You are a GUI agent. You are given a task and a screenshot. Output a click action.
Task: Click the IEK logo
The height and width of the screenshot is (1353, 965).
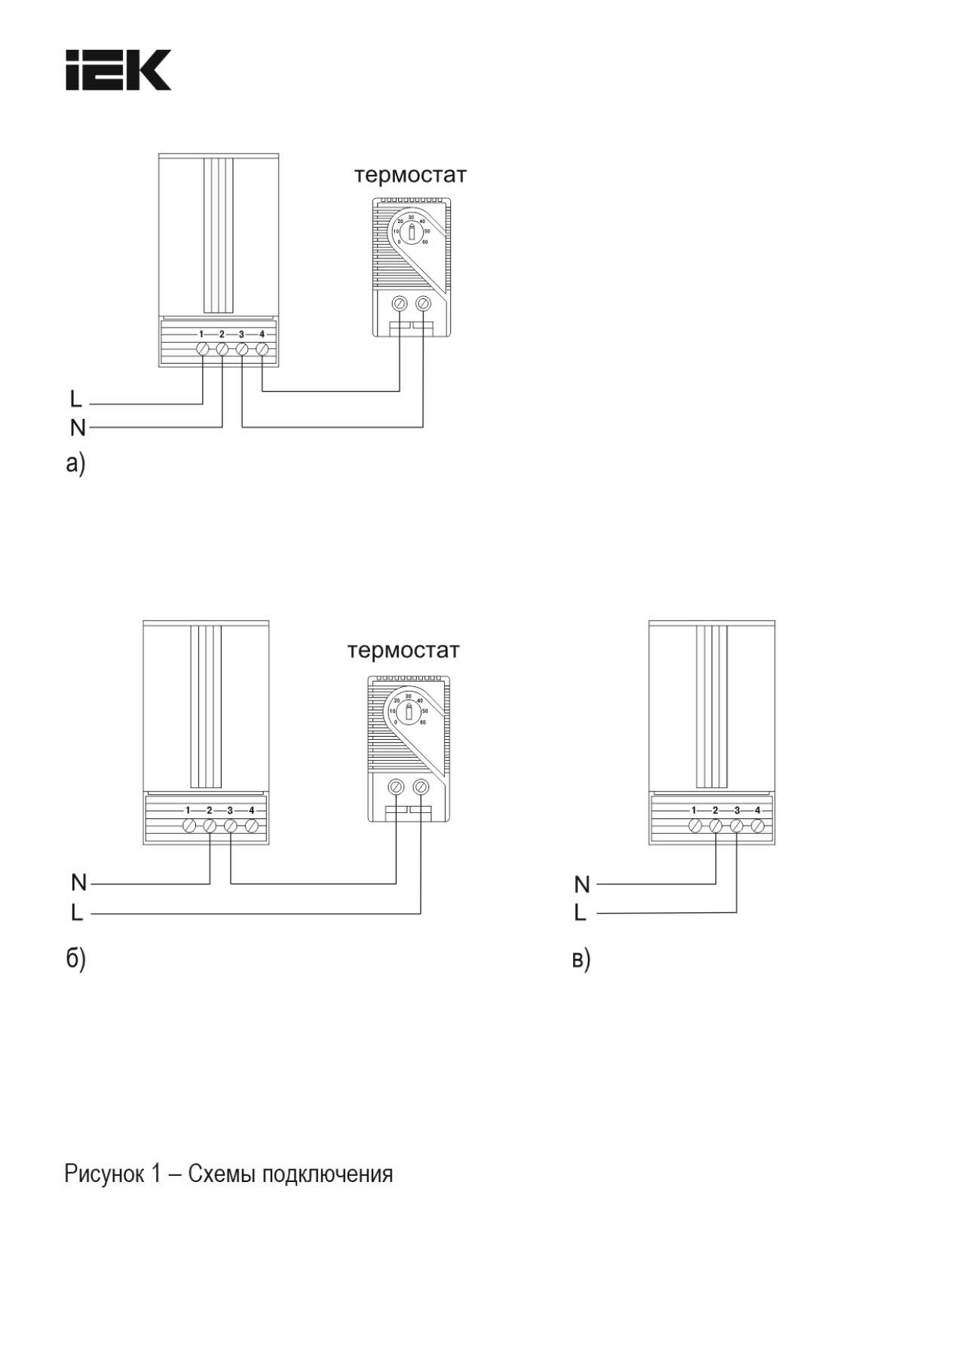point(118,70)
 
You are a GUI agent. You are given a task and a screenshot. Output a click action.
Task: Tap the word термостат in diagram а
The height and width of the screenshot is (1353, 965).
point(410,176)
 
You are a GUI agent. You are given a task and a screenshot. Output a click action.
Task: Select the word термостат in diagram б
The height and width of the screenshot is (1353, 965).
point(403,651)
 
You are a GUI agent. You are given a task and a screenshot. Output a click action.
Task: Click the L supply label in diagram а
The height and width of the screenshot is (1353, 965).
point(75,399)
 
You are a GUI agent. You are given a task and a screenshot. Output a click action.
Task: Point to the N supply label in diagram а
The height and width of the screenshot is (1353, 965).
point(77,428)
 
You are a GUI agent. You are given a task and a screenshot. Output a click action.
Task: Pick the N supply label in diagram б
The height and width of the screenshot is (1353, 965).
point(78,882)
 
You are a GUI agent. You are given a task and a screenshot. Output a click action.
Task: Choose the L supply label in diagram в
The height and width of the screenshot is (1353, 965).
point(580,913)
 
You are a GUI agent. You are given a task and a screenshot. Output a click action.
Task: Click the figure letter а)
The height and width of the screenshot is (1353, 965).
point(75,464)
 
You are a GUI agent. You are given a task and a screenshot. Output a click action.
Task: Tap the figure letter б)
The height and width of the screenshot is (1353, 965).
point(75,958)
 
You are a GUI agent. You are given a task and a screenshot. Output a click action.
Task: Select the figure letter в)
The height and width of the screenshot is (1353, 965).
point(581,960)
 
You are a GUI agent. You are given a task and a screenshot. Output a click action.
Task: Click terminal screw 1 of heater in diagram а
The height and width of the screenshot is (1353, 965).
point(202,350)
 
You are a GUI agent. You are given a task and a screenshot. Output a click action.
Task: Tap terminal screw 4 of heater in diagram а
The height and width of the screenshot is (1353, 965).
point(262,350)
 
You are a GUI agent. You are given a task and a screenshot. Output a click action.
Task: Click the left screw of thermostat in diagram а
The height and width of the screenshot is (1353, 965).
point(400,304)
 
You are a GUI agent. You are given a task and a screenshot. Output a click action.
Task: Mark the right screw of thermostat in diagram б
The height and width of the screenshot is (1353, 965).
point(421,787)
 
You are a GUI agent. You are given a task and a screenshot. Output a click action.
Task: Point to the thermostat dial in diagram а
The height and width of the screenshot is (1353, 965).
point(411,231)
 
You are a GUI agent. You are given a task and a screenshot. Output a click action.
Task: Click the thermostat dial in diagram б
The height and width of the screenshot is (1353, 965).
point(408,711)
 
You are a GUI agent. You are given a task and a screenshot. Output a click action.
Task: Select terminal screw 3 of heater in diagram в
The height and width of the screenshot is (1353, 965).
point(737,826)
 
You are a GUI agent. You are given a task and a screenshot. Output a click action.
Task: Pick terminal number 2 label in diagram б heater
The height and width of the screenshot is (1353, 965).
point(210,811)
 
